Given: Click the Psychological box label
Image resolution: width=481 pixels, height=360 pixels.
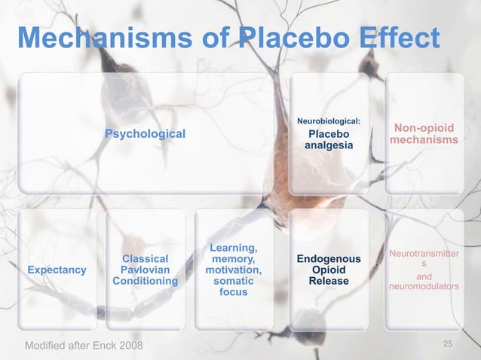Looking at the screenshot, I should click(145, 133).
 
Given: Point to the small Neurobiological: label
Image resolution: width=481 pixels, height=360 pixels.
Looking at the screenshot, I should click(329, 120).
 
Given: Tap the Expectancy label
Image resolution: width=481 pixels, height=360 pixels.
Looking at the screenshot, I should click(57, 270).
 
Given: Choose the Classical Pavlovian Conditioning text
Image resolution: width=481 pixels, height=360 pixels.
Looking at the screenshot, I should click(145, 270).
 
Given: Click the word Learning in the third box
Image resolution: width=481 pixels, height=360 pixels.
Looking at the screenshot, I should click(234, 248).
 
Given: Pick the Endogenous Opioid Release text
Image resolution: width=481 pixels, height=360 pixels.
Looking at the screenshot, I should click(329, 270).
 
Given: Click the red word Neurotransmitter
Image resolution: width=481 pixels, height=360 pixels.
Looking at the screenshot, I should click(424, 254).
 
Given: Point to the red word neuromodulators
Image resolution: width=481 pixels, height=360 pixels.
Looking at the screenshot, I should click(424, 287).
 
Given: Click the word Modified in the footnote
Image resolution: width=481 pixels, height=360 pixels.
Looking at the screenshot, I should click(47, 346).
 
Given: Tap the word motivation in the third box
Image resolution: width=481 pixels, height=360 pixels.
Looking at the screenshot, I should click(234, 270).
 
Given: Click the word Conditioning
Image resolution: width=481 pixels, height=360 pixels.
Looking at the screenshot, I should click(145, 281).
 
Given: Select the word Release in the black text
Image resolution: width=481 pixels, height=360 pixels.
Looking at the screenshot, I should click(329, 281).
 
